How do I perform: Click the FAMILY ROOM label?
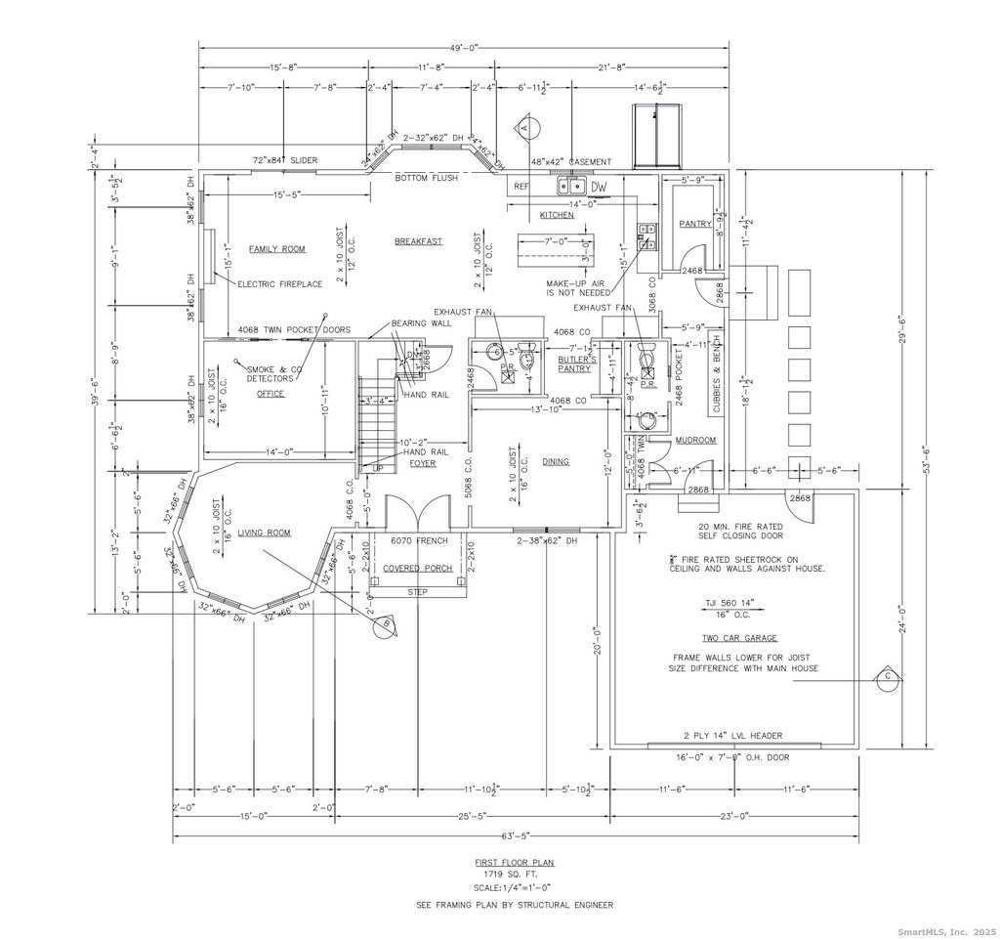point(276,249)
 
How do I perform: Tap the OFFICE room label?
point(270,394)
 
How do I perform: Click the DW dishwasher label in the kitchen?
point(598,186)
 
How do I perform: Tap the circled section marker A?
point(524,127)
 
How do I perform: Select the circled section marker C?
point(888,676)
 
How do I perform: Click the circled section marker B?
point(387,624)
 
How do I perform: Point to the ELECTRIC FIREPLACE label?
point(281,284)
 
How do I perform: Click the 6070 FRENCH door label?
point(419,540)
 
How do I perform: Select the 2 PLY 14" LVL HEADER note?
point(734,736)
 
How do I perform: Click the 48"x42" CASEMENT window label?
point(571,162)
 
